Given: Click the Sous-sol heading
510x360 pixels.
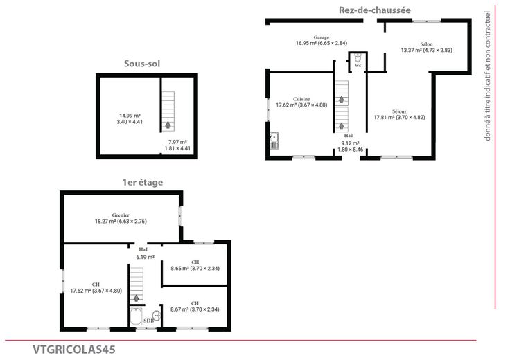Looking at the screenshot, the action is [x=142, y=64].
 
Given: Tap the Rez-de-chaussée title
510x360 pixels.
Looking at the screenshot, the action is [x=375, y=10].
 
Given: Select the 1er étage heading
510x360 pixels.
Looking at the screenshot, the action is [x=143, y=182].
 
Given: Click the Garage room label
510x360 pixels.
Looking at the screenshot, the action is [x=322, y=37].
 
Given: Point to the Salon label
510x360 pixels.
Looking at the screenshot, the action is [x=426, y=44].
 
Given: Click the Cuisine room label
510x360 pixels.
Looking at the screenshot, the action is [x=301, y=99].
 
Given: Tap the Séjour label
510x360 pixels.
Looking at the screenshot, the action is [x=399, y=111].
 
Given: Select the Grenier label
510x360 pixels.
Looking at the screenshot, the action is [x=121, y=215].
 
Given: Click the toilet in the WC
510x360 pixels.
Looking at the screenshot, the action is [x=358, y=58].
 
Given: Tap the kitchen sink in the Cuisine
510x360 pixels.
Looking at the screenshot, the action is [x=274, y=141].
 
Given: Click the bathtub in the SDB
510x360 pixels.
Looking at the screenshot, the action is [x=136, y=316].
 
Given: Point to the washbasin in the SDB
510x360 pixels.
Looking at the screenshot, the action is [x=157, y=316].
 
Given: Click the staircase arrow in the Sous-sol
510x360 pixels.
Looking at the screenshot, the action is [x=168, y=125].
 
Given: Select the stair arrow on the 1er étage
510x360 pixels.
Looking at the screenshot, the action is [x=137, y=298].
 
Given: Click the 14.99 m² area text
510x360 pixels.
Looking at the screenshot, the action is [x=130, y=116].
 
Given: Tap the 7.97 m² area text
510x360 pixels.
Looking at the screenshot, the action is [x=177, y=142].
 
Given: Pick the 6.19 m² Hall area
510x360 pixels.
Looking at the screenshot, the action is [x=145, y=257].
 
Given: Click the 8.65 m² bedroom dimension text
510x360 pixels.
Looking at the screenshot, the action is [x=195, y=269].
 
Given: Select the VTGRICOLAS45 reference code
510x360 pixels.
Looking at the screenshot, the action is [x=74, y=350].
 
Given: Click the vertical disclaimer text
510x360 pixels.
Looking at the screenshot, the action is [x=487, y=76].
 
